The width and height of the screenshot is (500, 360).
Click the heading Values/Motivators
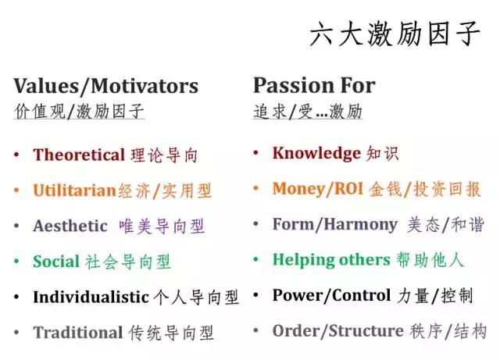(106, 86)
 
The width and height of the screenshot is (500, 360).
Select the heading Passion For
(314, 85)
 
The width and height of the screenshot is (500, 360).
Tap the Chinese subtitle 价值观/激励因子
(79, 112)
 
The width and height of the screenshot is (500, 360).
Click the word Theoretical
(79, 155)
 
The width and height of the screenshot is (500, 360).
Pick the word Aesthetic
(70, 226)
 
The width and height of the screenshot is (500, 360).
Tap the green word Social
(56, 262)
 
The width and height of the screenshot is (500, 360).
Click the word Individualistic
(91, 297)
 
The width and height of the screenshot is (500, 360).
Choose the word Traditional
(78, 333)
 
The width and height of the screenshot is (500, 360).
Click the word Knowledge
(316, 153)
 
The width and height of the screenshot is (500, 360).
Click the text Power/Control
(331, 295)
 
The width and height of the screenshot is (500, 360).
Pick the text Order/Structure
(337, 331)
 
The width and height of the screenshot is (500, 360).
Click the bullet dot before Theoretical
(17, 155)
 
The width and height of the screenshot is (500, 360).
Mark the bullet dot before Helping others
(256, 261)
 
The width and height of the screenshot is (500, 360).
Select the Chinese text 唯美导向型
(162, 226)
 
